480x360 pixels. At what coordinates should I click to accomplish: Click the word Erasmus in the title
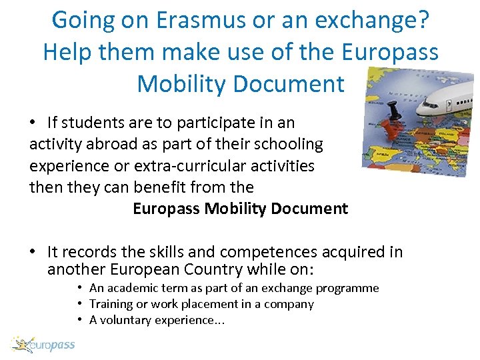coord(190,20)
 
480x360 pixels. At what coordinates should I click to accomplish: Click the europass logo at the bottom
coord(43,345)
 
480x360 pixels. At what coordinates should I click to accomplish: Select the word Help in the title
coord(67,52)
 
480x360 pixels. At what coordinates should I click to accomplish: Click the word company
coord(290,304)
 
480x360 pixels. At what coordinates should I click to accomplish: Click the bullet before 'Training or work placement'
coord(79,304)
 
